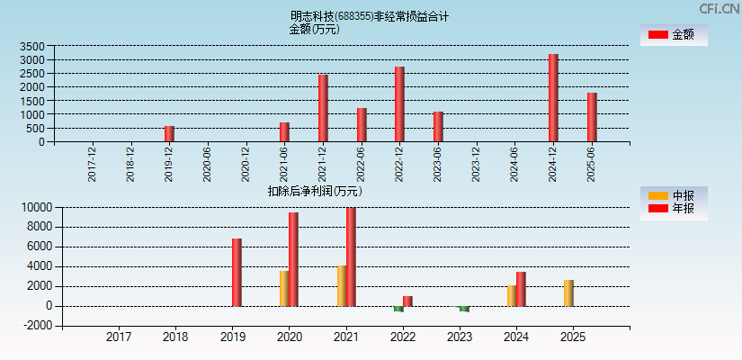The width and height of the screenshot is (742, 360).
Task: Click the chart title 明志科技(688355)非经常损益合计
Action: (370, 16)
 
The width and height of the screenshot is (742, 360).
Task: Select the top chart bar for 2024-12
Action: (553, 98)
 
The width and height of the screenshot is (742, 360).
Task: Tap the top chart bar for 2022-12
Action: (399, 104)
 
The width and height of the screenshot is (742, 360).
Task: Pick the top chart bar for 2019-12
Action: (169, 134)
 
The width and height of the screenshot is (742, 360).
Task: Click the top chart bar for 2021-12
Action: (323, 108)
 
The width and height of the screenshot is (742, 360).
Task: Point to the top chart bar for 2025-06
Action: (592, 117)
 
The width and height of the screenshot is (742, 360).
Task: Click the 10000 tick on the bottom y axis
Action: (37, 207)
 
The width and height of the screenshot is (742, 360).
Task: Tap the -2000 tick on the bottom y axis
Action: (37, 326)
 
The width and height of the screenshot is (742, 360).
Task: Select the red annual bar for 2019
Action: (237, 272)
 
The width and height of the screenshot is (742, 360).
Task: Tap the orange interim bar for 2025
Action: (568, 292)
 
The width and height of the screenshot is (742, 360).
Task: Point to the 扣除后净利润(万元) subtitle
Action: (314, 191)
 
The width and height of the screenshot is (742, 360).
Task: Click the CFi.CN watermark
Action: (720, 8)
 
